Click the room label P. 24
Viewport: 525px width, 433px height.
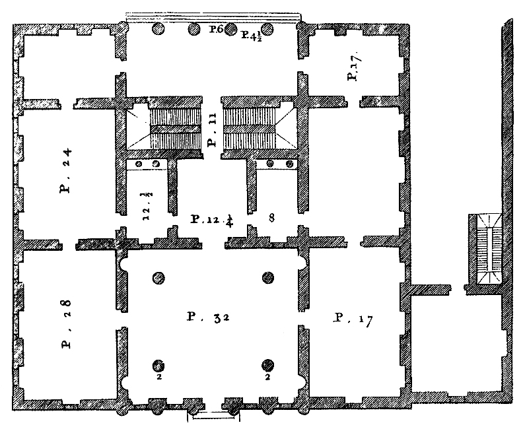65,171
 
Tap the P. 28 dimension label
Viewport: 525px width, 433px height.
66,323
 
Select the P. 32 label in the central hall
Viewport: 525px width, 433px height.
208,317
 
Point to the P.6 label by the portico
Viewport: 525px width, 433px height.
216,29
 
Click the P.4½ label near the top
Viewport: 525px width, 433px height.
252,35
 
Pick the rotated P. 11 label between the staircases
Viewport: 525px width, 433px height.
212,131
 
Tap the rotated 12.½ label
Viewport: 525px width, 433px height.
147,206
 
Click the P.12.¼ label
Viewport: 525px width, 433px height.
212,220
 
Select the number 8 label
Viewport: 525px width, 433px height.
271,218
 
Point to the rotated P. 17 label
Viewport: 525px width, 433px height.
353,66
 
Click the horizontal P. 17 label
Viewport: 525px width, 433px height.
353,319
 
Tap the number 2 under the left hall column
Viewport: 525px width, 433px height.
159,377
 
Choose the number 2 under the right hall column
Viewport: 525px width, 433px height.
267,377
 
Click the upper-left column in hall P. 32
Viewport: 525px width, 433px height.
158,278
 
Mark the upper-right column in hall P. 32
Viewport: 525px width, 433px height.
268,277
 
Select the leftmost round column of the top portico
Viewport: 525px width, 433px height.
158,29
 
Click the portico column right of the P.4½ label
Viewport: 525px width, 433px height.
267,30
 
